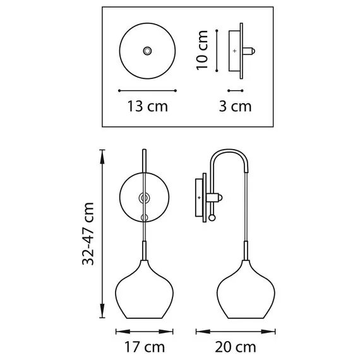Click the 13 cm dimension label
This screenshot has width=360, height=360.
[x=147, y=106]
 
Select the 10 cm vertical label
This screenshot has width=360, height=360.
[x=203, y=49]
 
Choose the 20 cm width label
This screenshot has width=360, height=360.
[x=236, y=347]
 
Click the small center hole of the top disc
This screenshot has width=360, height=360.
[x=148, y=49]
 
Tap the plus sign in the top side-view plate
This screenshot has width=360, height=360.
[x=235, y=49]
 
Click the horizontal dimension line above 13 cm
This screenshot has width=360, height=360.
[x=147, y=89]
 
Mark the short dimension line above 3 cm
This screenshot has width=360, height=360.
[x=235, y=89]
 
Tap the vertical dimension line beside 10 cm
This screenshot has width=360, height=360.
[x=217, y=49]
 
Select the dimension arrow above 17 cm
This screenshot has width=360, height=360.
[x=145, y=330]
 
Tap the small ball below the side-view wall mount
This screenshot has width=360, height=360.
[x=212, y=219]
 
